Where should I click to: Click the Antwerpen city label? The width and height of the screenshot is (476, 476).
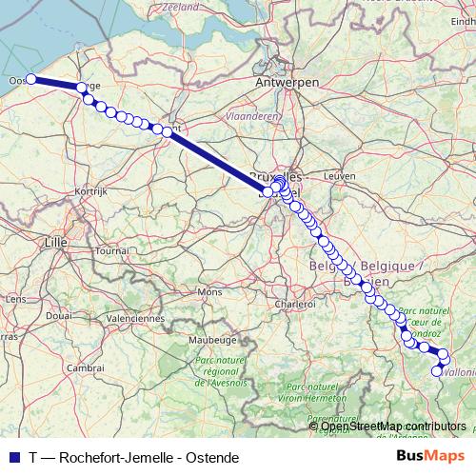click(x=287, y=83)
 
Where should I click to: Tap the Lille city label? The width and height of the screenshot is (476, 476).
click(x=56, y=243)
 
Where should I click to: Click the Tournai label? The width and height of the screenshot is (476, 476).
click(x=110, y=249)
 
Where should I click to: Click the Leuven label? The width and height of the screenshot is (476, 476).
click(x=339, y=176)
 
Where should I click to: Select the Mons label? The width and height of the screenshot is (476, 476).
click(x=208, y=290)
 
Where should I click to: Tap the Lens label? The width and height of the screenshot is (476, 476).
click(x=15, y=298)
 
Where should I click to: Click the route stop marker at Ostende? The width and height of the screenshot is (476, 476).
click(x=30, y=79)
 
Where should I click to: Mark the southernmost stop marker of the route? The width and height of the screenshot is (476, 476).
click(x=438, y=371)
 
